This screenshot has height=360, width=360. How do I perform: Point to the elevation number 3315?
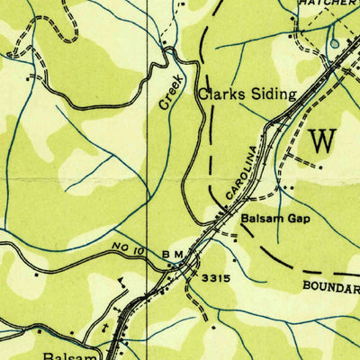pos(215,279)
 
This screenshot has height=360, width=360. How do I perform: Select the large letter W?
pos(324,141)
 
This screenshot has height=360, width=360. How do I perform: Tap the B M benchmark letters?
pos(173,255)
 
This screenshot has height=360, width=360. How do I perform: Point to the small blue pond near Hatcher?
pos(335,41)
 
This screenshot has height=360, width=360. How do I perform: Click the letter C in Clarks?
pos(203,93)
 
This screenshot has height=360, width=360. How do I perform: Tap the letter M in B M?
pos(179,255)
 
